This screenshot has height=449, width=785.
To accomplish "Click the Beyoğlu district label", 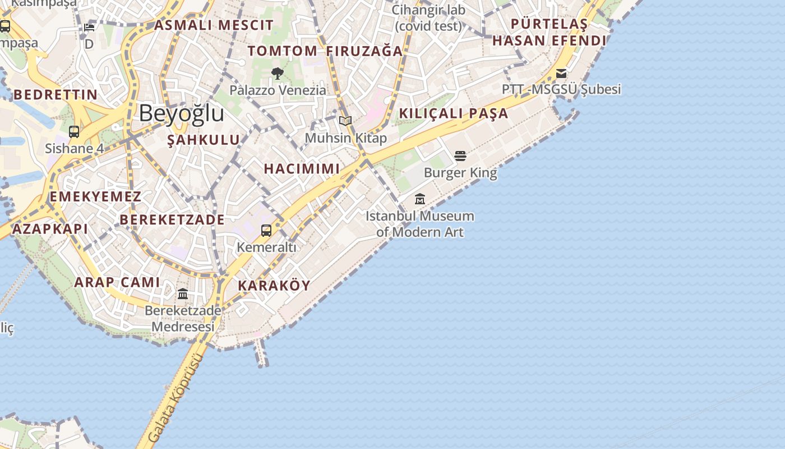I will (x=181, y=113).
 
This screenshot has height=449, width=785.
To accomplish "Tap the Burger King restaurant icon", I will (x=460, y=155).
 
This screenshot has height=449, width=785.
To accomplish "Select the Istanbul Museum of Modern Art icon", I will (x=420, y=199).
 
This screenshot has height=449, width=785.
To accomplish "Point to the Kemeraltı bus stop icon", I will (x=266, y=230).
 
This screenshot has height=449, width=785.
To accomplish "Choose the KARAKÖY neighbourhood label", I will (x=274, y=285).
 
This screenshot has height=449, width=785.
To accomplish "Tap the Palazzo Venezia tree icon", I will (x=277, y=73).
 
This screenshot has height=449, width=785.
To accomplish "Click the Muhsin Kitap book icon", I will (x=345, y=121).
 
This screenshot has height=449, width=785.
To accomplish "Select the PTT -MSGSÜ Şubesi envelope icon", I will (x=561, y=74).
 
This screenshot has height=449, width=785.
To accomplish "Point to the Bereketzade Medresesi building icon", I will (x=183, y=294).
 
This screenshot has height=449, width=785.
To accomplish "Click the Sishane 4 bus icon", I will (x=74, y=132).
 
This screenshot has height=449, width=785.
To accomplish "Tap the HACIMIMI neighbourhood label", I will (x=302, y=168).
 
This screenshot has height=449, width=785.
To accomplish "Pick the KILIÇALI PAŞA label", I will (x=453, y=113).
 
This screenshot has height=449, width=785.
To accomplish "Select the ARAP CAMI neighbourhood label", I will (x=117, y=282).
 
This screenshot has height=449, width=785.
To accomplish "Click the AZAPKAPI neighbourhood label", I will (x=50, y=228).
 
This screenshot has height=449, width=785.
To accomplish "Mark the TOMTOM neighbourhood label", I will (x=283, y=51).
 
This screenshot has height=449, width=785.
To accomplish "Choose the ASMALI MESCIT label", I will (x=214, y=25).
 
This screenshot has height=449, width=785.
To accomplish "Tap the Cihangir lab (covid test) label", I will (x=428, y=18).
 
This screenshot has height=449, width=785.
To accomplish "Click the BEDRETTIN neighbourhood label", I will (x=55, y=94).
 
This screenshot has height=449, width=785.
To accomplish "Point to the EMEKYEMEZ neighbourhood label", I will (x=95, y=196).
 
